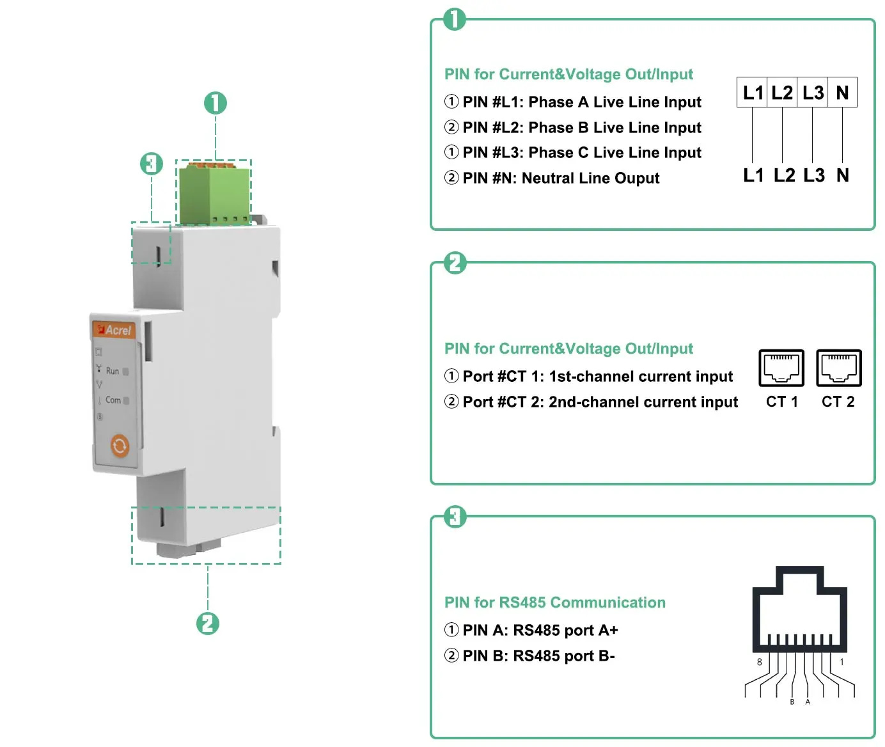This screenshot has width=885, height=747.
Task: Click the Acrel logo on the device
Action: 114,330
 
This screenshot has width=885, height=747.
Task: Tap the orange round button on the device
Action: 120,446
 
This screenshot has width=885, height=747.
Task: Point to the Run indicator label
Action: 113,371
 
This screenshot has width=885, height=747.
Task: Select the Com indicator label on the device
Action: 113,400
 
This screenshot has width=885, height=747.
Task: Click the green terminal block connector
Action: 214,193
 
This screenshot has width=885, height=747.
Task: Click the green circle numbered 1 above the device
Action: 215,103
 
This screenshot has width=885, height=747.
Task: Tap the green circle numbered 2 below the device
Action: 208,624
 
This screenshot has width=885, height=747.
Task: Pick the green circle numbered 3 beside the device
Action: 152,164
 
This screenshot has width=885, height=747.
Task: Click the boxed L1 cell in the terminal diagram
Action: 753,93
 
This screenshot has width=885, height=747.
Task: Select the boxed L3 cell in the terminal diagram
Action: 813,93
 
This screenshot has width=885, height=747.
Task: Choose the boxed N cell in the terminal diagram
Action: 842,93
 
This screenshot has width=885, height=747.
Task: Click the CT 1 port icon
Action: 781,368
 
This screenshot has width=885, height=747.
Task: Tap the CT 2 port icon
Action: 839,368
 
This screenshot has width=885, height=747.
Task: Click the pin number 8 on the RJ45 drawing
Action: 760,662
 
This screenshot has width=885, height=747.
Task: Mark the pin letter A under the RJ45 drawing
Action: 808,702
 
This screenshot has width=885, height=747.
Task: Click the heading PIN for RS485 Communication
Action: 554,602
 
